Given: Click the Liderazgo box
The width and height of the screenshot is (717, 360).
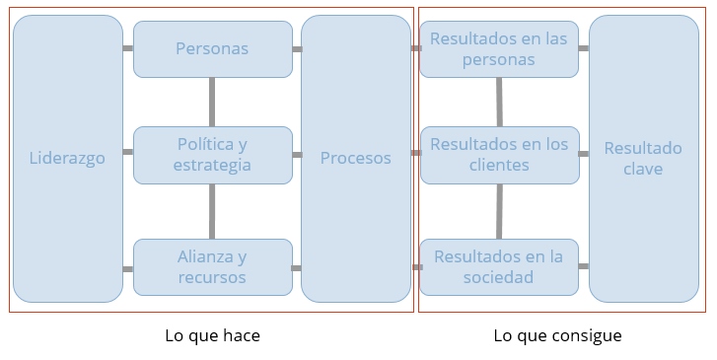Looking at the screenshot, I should pos(67,158).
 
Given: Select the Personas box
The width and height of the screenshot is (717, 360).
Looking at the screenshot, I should pos(212,48).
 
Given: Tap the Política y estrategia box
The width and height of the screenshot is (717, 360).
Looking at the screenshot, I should pos(212,155).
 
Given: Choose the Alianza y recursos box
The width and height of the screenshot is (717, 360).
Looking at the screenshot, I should pos(212,266).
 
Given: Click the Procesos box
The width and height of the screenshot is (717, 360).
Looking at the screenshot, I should pos(356,158).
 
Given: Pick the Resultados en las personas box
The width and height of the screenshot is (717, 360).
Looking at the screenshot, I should pos(499,48).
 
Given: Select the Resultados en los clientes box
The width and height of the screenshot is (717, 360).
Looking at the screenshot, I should pos(499,155).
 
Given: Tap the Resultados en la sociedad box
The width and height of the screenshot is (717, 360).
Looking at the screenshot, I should pos(499,266).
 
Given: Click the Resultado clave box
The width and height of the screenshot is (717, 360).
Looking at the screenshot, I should pos(643,158).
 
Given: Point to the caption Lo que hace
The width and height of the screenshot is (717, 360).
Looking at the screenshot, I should pos(212,335).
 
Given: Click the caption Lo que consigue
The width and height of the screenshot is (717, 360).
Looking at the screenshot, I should pos(557,335).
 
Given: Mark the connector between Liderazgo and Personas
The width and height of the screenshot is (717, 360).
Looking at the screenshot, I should pos(128,48).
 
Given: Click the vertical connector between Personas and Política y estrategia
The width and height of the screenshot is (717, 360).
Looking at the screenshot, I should pos(212,101).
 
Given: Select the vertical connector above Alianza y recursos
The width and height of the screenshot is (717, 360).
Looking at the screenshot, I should pos(212,211).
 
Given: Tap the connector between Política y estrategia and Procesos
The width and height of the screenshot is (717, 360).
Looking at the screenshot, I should pos(297,155).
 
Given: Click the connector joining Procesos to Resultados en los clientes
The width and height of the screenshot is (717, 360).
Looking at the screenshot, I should pos(415,153).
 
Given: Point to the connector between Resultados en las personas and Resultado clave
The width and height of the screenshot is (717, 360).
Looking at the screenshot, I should pos(584,48).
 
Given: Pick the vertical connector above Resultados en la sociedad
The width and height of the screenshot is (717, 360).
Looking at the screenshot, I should pos(499,211).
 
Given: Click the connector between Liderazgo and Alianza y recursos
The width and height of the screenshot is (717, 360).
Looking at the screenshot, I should pos(128,268).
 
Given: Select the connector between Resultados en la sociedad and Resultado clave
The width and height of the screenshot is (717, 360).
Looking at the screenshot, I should pos(584,266).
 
